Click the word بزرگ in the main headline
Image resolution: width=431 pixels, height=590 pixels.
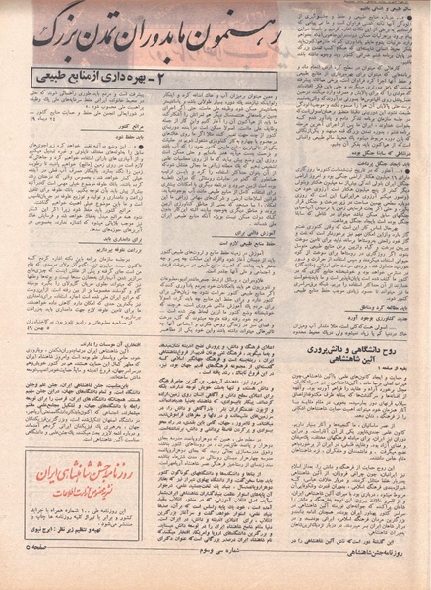tap(54, 37)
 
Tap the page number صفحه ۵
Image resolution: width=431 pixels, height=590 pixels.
tap(30, 573)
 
